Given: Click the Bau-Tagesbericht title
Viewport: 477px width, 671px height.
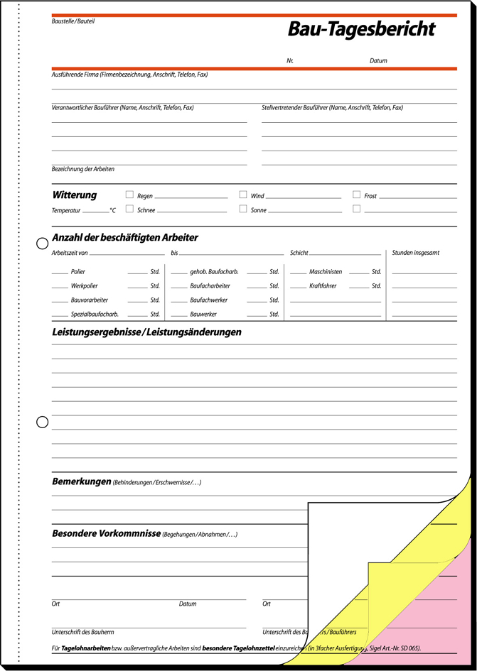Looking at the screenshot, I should (360, 29).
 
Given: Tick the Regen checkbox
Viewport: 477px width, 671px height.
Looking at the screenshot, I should (129, 195).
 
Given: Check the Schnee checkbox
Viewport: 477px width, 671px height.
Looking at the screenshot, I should (129, 209).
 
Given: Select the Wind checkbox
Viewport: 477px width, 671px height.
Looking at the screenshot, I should (243, 195).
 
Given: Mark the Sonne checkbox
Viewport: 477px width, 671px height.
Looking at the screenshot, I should (243, 209).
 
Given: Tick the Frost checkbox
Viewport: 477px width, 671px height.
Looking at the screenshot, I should (357, 195).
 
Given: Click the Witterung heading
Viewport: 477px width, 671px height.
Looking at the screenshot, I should (75, 195).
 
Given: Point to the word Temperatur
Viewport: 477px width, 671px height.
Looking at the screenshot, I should (66, 211).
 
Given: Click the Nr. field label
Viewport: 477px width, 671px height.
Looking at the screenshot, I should (290, 61).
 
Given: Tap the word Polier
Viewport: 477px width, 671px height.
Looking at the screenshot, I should (77, 272).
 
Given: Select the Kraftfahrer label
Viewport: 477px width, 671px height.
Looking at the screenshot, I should (323, 286).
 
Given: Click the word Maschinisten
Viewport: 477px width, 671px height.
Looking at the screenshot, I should (326, 272).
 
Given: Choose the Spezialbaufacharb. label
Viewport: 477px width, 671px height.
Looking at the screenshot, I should (95, 314).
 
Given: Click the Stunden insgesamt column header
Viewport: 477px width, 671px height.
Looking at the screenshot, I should (416, 253).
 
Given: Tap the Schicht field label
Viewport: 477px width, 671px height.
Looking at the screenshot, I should (299, 253).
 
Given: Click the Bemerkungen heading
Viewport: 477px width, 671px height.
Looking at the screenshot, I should (82, 482).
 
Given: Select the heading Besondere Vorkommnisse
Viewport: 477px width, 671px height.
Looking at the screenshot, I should (106, 533).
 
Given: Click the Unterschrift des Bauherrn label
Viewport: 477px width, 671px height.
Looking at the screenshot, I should (82, 632).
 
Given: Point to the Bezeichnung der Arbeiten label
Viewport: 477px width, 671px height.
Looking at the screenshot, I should (83, 169).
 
